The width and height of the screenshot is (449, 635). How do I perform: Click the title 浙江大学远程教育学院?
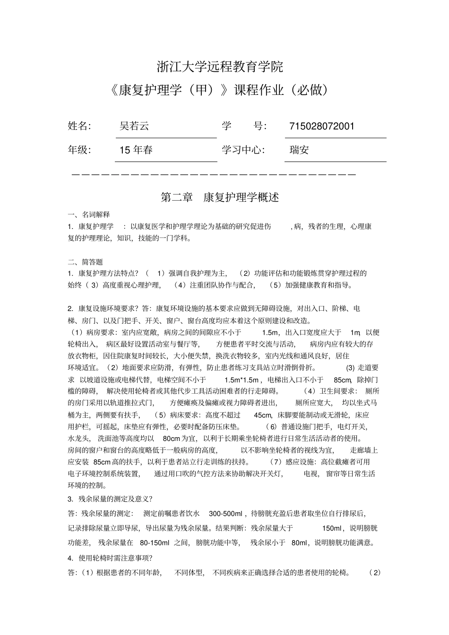(x=220, y=67)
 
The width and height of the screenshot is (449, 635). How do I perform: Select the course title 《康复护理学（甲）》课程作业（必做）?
(x=220, y=90)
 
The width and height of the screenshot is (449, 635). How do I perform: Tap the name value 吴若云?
(x=134, y=126)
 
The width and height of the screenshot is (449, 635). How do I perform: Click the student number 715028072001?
(x=321, y=126)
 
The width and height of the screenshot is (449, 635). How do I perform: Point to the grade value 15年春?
(x=136, y=150)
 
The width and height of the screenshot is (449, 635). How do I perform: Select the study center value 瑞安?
(x=299, y=150)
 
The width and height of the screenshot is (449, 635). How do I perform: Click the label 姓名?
(x=79, y=126)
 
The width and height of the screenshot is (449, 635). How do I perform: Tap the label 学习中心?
(x=243, y=150)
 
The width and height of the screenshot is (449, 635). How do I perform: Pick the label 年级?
(x=79, y=150)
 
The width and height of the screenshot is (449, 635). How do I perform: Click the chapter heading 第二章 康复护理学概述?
(x=220, y=197)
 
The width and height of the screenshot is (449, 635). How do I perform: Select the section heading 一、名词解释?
(x=89, y=214)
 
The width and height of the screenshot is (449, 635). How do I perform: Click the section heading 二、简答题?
(x=86, y=262)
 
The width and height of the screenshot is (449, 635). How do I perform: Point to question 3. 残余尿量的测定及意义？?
(x=110, y=499)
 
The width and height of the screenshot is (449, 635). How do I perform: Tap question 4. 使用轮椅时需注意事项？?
(x=110, y=558)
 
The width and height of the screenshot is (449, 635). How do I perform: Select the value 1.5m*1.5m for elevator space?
(x=242, y=380)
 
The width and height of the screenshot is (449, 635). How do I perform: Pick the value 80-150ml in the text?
(x=155, y=543)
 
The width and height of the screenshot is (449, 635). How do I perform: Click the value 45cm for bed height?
(x=262, y=415)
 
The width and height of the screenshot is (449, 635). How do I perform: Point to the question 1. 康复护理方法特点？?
(x=104, y=273)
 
